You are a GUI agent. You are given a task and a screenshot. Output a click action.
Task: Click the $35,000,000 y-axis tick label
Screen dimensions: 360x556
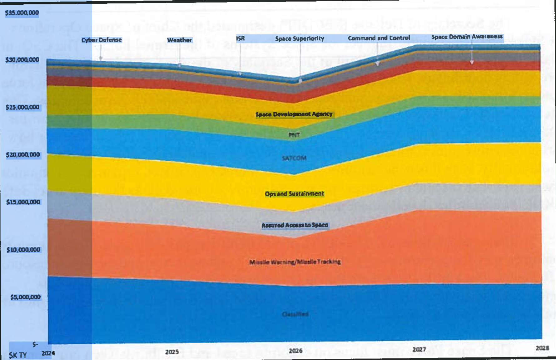click(x=22, y=13)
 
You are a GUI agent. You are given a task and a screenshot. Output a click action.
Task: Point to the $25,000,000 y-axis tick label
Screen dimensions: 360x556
click(x=22, y=107)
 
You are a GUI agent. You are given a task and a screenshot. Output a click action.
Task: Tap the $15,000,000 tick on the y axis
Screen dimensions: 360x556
click(x=23, y=202)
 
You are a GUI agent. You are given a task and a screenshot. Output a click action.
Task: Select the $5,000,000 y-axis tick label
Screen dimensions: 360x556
click(x=25, y=297)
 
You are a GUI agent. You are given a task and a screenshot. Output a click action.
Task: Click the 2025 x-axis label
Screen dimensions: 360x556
click(x=172, y=352)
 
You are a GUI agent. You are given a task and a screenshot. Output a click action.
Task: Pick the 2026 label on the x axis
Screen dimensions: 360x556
click(x=295, y=351)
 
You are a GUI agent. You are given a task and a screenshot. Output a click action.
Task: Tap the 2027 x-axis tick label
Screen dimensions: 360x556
click(x=419, y=349)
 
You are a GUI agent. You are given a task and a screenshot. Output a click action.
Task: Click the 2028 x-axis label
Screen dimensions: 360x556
click(x=542, y=348)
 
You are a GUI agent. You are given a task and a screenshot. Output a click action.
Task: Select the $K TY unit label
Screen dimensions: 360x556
click(x=18, y=355)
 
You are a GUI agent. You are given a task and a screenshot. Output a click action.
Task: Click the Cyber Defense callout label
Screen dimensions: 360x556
click(x=102, y=40)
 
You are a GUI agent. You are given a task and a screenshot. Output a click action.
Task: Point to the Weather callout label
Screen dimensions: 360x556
click(x=179, y=40)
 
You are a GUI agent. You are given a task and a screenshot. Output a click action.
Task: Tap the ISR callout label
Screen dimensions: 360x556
click(x=241, y=38)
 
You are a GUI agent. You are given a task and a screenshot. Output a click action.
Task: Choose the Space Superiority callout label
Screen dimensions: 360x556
click(x=300, y=38)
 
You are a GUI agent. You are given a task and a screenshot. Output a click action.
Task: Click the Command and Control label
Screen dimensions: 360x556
click(x=379, y=38)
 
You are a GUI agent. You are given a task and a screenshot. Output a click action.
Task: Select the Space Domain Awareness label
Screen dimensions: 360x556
click(x=467, y=37)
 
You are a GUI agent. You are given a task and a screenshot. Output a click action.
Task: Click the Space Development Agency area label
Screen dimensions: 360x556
click(x=294, y=114)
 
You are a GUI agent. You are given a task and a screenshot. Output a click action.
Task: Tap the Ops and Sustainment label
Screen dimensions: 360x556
click(x=294, y=194)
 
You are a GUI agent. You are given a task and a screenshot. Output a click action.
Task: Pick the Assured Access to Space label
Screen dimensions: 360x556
click(x=295, y=225)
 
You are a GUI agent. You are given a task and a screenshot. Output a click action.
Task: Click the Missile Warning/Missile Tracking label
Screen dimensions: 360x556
click(x=295, y=262)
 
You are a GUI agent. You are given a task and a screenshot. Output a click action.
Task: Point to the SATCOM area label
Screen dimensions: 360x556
click(x=294, y=158)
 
